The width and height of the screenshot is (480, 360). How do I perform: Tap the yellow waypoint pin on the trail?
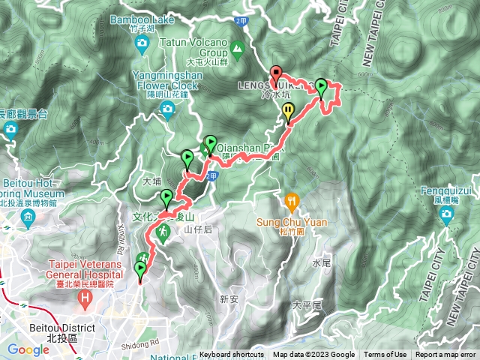pyautogui.click(x=289, y=112)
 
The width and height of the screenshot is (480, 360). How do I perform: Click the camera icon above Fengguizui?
pyautogui.click(x=448, y=217)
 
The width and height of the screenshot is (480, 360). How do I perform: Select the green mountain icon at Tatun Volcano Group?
pyautogui.click(x=238, y=51)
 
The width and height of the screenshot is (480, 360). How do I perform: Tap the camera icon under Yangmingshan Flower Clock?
pyautogui.click(x=166, y=112)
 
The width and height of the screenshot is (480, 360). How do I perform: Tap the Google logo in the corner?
pyautogui.click(x=28, y=349)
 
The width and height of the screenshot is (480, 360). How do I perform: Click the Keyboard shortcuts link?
pyautogui.click(x=231, y=355)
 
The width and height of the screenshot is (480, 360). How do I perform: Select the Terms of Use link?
pyautogui.click(x=385, y=355)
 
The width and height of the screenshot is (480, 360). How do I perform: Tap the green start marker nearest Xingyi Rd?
pyautogui.click(x=140, y=269)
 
